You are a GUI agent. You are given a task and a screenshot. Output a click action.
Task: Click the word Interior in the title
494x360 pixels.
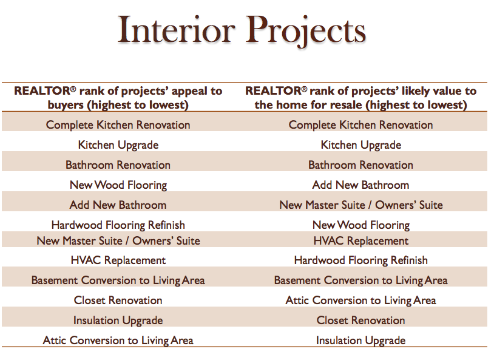(177, 30)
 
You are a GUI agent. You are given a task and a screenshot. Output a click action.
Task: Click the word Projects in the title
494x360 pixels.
(306, 32)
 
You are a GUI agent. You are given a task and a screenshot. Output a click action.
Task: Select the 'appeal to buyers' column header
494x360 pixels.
(118, 98)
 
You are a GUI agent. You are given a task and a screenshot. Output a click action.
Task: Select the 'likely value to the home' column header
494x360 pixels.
(360, 98)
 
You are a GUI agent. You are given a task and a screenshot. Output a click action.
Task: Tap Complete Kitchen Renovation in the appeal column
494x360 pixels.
(118, 125)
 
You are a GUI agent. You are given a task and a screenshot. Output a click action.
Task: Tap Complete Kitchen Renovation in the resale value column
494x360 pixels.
(360, 125)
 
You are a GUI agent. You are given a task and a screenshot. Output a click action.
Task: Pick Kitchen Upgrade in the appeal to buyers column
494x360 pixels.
(118, 145)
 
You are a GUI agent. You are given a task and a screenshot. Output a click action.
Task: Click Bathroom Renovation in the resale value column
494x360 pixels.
(360, 165)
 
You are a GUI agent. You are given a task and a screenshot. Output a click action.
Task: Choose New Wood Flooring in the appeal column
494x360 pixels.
(118, 185)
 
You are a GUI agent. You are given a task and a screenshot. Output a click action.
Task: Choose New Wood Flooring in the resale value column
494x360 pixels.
(360, 225)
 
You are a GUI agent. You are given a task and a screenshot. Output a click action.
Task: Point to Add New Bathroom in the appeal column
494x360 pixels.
(118, 205)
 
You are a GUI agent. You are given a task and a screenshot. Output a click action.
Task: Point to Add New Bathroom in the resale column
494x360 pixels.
(360, 185)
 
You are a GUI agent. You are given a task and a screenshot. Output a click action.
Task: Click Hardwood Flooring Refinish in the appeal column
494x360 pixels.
(118, 225)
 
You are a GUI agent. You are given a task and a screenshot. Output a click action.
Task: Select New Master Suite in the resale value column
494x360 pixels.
(360, 205)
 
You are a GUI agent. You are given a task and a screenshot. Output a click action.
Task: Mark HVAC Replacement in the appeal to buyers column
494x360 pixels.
(118, 260)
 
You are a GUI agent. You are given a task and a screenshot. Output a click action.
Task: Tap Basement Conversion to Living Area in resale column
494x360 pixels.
(360, 280)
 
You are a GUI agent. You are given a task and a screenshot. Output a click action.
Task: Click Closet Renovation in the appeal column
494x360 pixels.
(118, 301)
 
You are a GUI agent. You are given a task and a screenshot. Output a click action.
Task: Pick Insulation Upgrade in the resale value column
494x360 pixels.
(360, 341)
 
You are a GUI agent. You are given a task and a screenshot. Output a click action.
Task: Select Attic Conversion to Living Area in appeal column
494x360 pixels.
(118, 341)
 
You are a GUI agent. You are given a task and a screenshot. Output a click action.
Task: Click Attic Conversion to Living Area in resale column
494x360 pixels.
(360, 301)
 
